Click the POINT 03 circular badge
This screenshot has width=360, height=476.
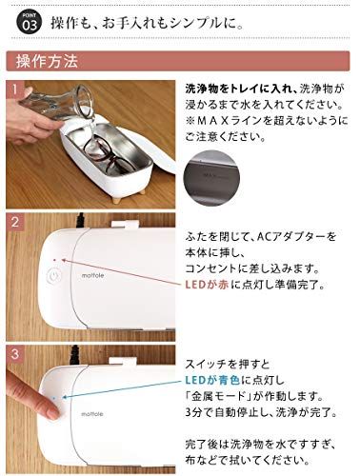tap(24, 19)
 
